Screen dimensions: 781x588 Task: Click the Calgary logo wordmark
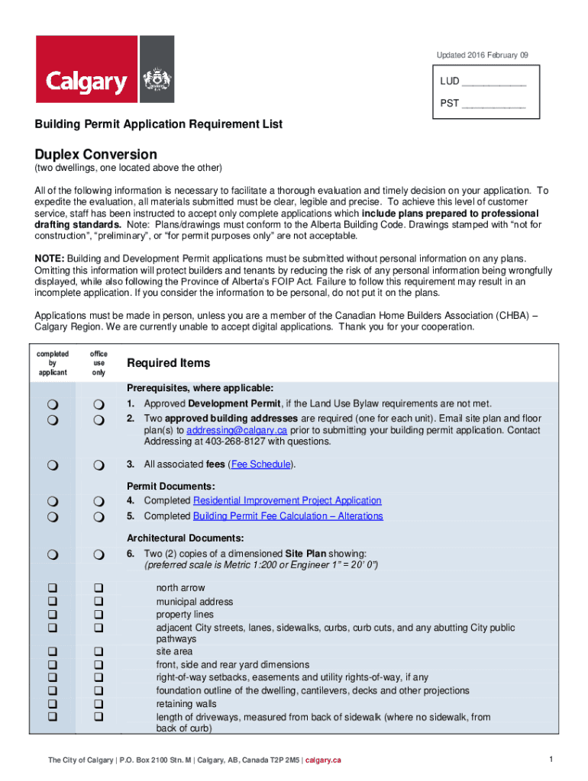(x=86, y=81)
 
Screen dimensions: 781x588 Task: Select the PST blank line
(x=494, y=104)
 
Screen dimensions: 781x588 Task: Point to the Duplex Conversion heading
(x=95, y=154)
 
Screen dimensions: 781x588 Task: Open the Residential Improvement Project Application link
(x=287, y=500)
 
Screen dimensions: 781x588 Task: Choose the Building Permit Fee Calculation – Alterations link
(x=288, y=516)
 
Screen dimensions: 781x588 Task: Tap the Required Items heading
(x=168, y=363)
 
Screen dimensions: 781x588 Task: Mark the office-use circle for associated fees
(x=98, y=464)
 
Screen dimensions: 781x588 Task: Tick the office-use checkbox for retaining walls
(x=98, y=704)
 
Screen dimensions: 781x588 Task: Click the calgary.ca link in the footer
(x=323, y=760)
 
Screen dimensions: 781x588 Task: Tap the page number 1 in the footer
(x=551, y=759)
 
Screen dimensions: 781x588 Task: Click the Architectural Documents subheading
(x=186, y=538)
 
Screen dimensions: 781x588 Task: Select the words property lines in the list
(x=185, y=615)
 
